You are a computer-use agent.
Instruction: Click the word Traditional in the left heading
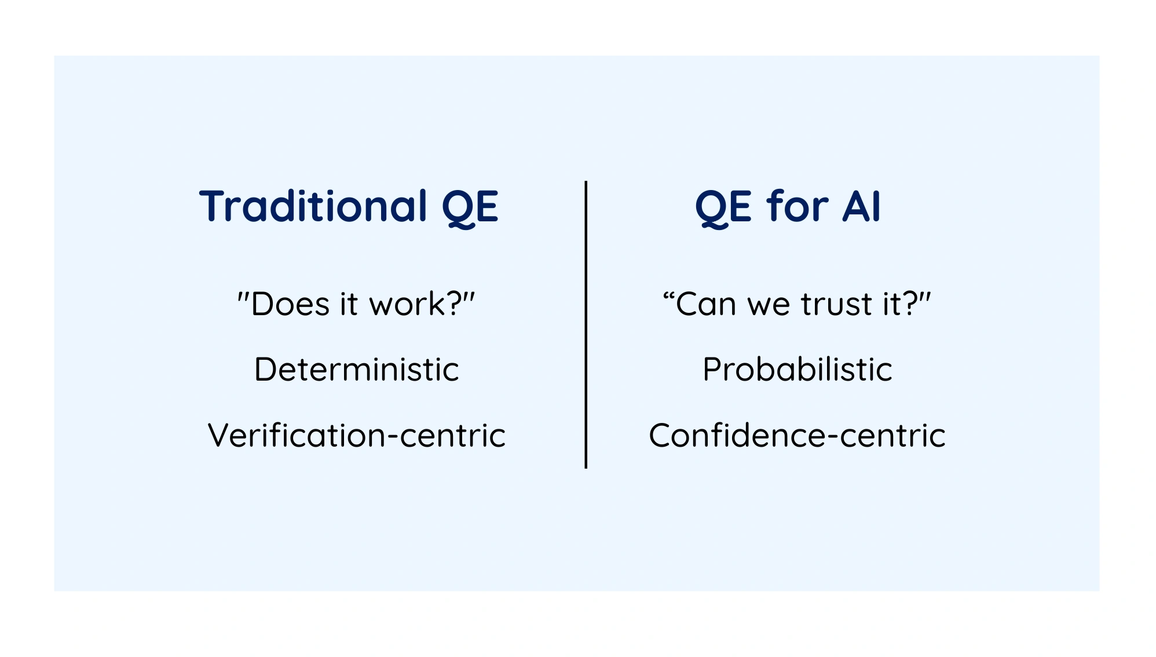point(313,206)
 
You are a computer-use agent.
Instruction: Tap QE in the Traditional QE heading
point(470,208)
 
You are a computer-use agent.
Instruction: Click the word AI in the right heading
point(862,206)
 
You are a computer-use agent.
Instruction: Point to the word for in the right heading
point(798,206)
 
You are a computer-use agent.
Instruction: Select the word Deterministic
point(357,369)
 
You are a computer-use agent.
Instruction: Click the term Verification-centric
point(357,435)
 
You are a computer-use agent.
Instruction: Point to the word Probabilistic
point(798,369)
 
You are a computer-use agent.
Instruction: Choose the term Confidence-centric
point(798,435)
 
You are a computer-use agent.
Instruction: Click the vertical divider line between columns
point(586,324)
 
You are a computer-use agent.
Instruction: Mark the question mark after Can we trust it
point(910,303)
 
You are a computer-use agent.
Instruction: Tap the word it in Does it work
point(349,304)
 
